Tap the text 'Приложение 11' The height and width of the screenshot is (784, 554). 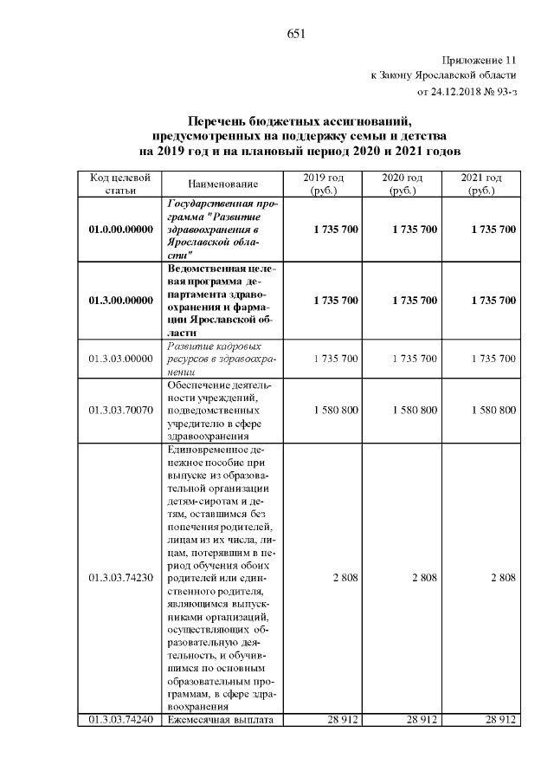click(x=479, y=61)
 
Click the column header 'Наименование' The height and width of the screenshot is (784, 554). click(x=222, y=185)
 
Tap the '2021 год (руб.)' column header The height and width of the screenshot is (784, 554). click(x=481, y=184)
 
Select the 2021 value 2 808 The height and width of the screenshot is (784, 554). click(x=502, y=577)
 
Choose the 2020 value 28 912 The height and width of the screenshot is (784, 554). click(x=421, y=720)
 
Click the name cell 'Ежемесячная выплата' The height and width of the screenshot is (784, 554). click(x=222, y=720)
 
